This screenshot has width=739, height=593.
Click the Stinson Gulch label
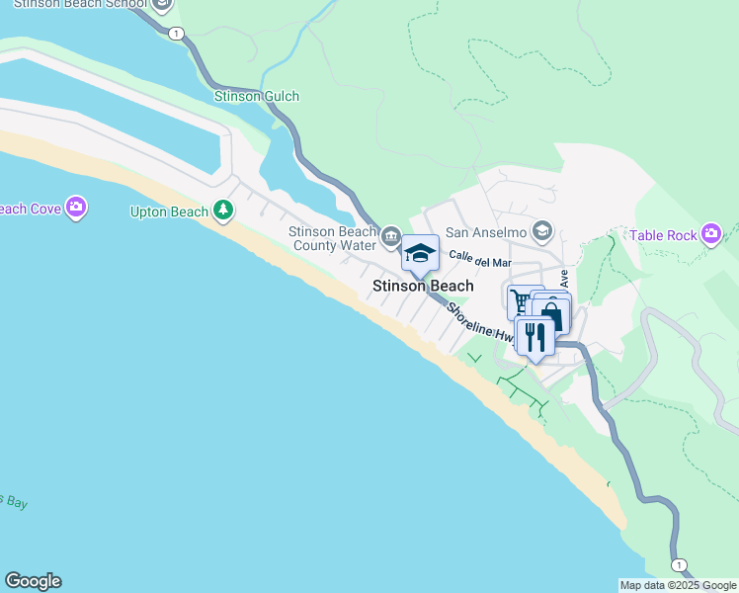pos(257,96)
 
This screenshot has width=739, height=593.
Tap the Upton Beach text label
pos(169,212)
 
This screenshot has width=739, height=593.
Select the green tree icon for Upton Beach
pos(224,210)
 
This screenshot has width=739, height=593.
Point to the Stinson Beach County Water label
pos(333,238)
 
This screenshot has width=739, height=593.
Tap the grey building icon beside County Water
pos(391,236)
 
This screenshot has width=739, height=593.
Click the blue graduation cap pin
pos(420,254)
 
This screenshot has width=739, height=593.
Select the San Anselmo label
pos(485,232)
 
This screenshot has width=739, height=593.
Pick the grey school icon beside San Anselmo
pos(541,232)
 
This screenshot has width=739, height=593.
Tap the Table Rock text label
pos(661,235)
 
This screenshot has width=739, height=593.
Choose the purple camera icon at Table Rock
pos(711,233)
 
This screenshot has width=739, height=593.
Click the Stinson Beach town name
pos(423,286)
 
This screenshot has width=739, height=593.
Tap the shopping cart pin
pos(521,300)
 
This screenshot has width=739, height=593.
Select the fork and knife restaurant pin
pos(534,336)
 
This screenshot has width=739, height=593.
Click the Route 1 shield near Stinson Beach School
pos(176,34)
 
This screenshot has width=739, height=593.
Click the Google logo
pos(33,581)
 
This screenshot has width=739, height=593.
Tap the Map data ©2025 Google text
pos(678,585)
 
